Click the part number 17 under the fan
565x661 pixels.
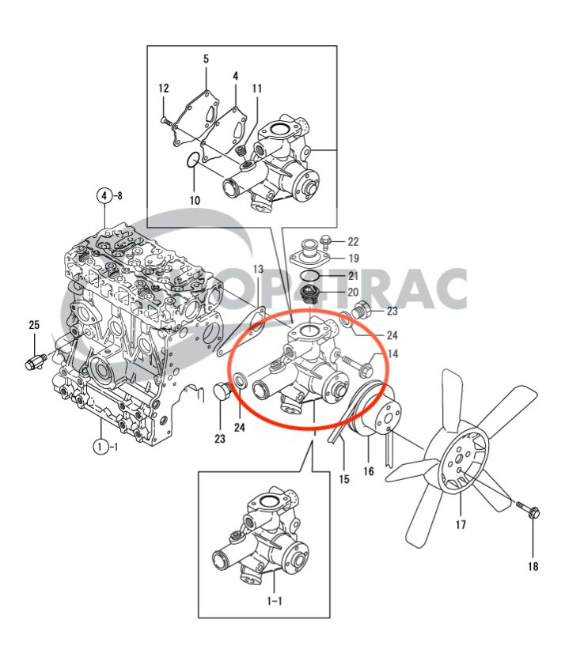(461, 524)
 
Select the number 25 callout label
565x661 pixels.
(34, 325)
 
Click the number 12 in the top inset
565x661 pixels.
(164, 89)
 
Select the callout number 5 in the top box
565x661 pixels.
(206, 59)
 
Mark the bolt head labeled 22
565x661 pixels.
(326, 240)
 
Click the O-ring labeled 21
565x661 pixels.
(313, 275)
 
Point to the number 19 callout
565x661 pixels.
(354, 258)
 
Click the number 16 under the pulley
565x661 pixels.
(344, 479)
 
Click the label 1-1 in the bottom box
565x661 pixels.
(274, 601)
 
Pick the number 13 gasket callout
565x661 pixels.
(258, 270)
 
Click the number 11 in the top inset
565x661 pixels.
(257, 89)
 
